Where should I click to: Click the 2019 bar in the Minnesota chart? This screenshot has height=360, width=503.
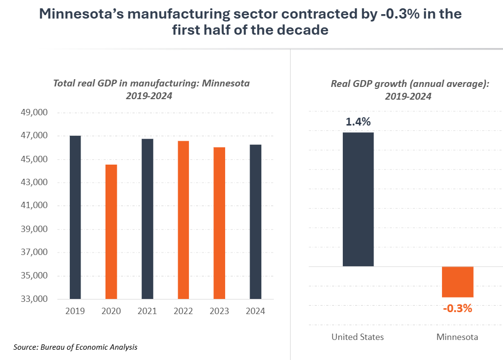[x=75, y=217]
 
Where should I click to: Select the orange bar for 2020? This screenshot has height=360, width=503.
[x=111, y=232]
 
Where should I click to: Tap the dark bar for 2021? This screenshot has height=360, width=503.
[x=147, y=219]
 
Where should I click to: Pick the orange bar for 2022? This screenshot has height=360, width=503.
[x=183, y=220]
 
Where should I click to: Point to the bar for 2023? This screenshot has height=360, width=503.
[x=219, y=223]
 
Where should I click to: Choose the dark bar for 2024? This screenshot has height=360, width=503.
[x=255, y=222]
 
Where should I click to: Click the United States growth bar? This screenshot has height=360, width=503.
[x=358, y=199]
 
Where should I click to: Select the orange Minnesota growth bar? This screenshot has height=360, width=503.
[x=458, y=282]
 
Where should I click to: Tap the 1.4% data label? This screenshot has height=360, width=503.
[x=358, y=122]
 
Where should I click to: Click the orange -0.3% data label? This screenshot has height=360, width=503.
[x=457, y=308]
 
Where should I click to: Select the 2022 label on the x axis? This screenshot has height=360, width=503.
[x=183, y=311]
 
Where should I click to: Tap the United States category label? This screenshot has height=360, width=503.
[x=357, y=337]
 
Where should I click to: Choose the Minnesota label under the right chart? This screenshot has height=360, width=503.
[x=457, y=337]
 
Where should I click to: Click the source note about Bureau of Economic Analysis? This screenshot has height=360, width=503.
[x=75, y=347]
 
